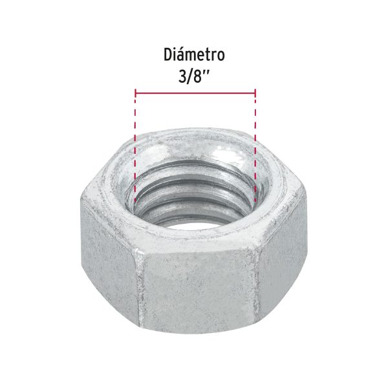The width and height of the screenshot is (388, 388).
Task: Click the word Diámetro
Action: point(194,54)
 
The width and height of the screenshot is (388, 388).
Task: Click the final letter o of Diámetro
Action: point(221,56)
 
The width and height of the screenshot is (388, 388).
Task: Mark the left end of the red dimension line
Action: point(136,94)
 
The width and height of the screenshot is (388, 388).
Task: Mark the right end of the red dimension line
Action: point(255,94)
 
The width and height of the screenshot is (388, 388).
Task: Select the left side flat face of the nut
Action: point(107,259)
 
